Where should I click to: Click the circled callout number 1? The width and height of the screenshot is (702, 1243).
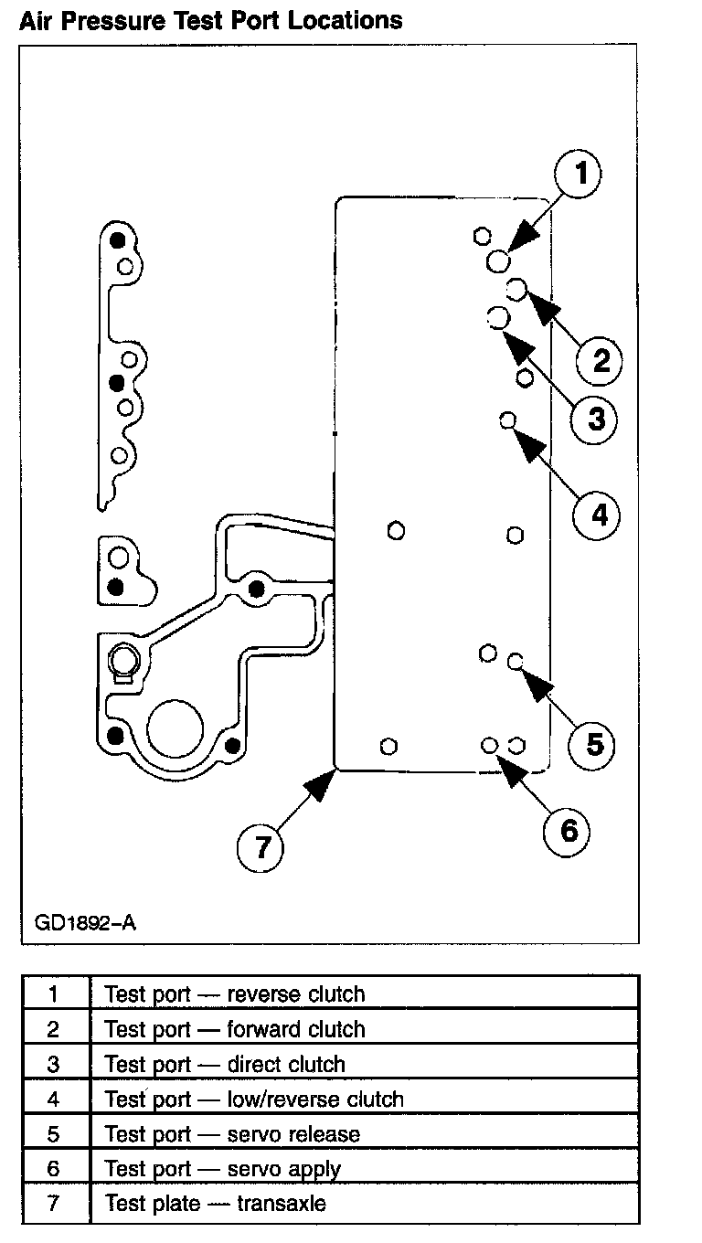tap(578, 174)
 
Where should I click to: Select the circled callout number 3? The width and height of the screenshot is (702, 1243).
tap(595, 420)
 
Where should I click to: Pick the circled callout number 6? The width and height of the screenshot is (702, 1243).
tap(569, 830)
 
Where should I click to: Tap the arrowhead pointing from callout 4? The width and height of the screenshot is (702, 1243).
tap(529, 441)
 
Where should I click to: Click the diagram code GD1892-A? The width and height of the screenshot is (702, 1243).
tap(85, 921)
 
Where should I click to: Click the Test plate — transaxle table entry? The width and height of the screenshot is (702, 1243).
tap(215, 1204)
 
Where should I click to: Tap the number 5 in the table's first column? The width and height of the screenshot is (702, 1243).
tap(53, 1134)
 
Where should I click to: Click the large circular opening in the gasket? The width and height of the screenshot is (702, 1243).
tap(174, 728)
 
